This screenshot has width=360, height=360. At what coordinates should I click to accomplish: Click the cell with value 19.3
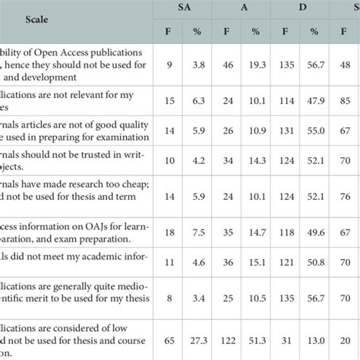coord(253,68)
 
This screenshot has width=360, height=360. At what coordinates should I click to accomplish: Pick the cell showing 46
coord(226,68)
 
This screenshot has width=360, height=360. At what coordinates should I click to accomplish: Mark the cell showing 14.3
coord(253,162)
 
